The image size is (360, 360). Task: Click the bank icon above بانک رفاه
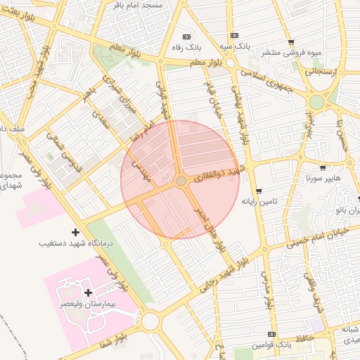point(186,37)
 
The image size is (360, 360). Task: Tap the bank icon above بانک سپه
point(234,36)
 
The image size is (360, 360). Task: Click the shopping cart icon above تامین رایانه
point(259,191)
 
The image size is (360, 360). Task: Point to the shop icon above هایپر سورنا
point(323,168)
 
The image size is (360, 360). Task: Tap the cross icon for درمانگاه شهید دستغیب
point(76,232)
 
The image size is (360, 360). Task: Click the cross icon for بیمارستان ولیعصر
point(88,292)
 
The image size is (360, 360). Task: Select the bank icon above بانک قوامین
point(272,335)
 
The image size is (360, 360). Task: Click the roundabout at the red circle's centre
point(181,181)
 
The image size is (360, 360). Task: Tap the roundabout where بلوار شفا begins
point(150,322)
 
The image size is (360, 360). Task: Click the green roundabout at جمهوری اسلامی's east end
point(316,101)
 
